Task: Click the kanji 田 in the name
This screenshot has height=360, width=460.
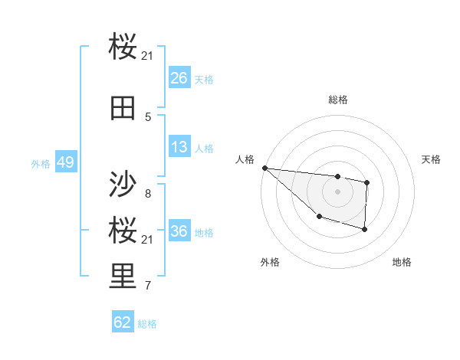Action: tap(123, 110)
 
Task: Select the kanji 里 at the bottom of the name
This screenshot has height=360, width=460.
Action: tap(123, 277)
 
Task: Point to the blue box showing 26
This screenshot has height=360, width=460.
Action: tap(179, 77)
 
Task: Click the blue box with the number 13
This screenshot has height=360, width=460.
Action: tap(179, 147)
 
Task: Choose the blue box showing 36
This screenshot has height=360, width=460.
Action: tap(179, 231)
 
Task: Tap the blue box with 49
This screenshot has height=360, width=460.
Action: tap(65, 162)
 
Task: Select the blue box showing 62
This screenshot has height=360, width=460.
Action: tap(123, 322)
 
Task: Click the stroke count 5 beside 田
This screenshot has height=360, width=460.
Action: tap(148, 117)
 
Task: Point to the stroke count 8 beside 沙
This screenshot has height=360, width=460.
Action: tap(148, 193)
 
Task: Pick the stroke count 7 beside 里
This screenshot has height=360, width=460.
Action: tap(148, 286)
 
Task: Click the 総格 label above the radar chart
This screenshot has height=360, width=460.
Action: tap(337, 100)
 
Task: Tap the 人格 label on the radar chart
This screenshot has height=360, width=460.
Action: tap(245, 159)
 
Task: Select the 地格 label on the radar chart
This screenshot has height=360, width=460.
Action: tap(402, 262)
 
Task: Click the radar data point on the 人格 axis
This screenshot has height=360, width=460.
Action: tap(264, 168)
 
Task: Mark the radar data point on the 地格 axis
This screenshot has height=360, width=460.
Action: tap(365, 229)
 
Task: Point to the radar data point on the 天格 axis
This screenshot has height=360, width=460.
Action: tap(367, 182)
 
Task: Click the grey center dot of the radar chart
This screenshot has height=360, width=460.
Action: tap(337, 191)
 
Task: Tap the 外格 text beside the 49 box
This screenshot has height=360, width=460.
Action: tap(41, 163)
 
